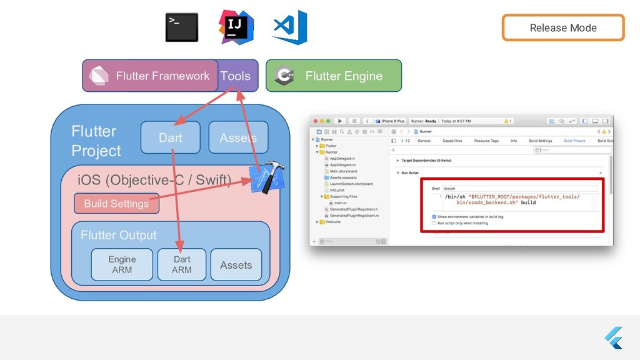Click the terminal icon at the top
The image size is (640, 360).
(x=181, y=27)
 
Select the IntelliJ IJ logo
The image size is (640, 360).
(x=236, y=27)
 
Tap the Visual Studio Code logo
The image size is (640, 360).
(x=289, y=27)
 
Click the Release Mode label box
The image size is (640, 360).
(x=562, y=27)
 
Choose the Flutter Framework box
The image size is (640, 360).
(x=151, y=76)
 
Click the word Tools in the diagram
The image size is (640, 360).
(x=235, y=76)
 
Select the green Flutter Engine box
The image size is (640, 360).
(x=334, y=76)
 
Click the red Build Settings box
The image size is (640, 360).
(x=116, y=203)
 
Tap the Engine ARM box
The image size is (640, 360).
(x=122, y=264)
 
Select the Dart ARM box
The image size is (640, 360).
(x=182, y=264)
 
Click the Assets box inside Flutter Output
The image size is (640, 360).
(x=236, y=264)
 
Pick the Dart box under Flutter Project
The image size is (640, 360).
(x=170, y=137)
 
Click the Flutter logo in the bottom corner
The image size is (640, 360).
(x=614, y=338)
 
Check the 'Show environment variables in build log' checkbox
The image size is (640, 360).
(x=434, y=217)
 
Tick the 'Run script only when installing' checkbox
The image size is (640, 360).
(x=434, y=223)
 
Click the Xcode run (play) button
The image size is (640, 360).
(x=340, y=121)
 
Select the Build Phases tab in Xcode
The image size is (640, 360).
(x=574, y=141)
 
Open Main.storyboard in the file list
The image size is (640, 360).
(x=343, y=171)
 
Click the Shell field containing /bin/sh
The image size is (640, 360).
(x=519, y=188)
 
